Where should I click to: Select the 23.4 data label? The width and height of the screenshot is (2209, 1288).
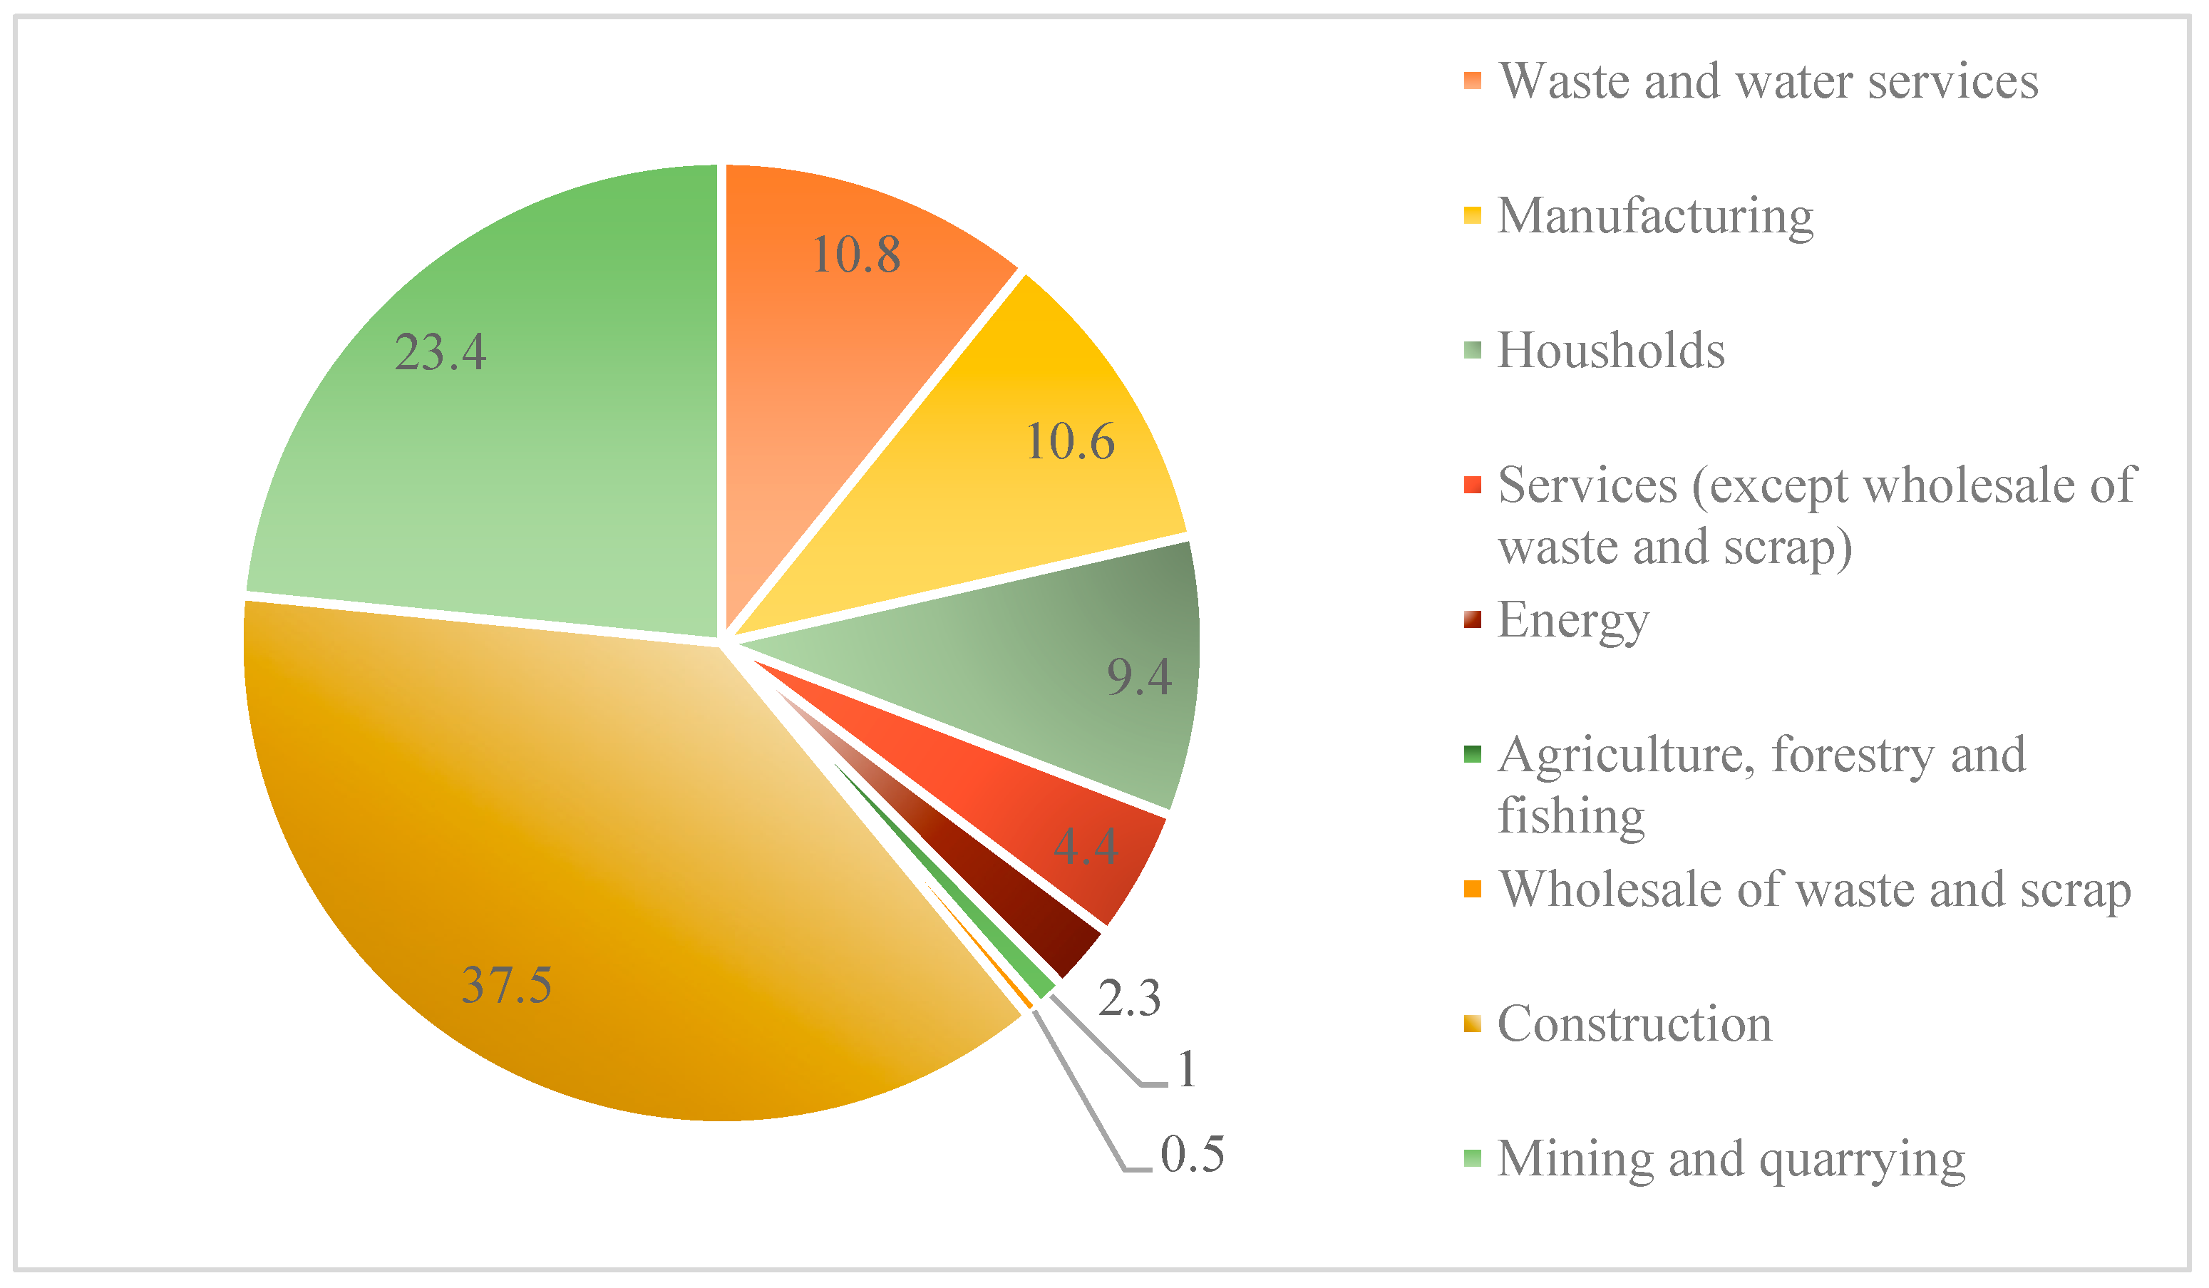tap(440, 352)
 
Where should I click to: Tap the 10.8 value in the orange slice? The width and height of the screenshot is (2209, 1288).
tap(855, 255)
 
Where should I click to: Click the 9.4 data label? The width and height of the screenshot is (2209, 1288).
tap(1138, 677)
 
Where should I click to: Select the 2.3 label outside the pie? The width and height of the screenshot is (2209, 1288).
tap(1129, 999)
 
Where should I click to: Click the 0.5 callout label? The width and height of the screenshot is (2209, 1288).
tap(1192, 1154)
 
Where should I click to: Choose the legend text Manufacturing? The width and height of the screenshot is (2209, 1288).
tap(1655, 216)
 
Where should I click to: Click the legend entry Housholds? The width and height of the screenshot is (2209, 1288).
tap(1611, 351)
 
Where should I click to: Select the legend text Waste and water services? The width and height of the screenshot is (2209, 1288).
tap(1768, 81)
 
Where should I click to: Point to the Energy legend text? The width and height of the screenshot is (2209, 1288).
tap(1572, 621)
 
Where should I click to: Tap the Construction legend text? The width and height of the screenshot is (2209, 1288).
tap(1634, 1024)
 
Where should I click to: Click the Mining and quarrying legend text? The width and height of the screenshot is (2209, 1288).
tap(1731, 1159)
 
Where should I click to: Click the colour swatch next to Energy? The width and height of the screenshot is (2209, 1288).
tap(1472, 620)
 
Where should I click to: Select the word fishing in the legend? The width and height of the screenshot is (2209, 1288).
tap(1571, 815)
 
